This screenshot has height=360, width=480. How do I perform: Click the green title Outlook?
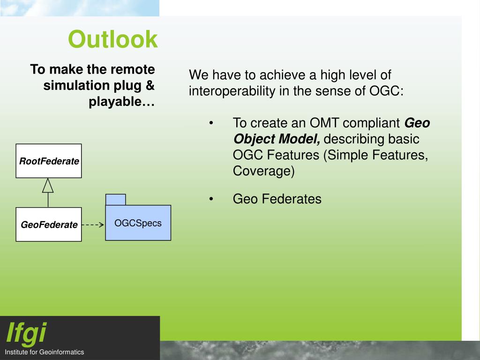tap(112, 39)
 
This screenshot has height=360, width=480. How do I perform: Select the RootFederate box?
tap(49, 161)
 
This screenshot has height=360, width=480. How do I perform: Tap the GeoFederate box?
tap(49, 225)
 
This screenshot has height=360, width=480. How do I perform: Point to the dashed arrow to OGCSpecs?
tap(93, 225)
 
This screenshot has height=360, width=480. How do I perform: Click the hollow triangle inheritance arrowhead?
tap(48, 186)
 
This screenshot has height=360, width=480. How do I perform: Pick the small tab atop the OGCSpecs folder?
tap(115, 199)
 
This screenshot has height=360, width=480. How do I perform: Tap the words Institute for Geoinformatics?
tap(45, 352)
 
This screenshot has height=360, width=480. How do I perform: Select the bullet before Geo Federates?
tap(211, 199)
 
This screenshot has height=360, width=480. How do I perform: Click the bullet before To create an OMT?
tap(211, 123)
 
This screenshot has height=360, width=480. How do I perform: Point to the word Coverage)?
tap(263, 171)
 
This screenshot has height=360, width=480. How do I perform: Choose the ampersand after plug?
tap(150, 85)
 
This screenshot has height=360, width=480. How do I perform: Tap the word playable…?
tap(121, 102)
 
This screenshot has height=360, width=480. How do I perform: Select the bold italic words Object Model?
tap(277, 139)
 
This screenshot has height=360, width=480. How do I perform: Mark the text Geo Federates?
tap(277, 199)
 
